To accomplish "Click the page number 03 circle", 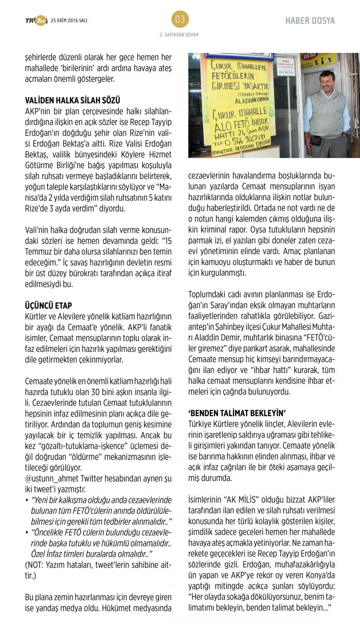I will tap(180, 20).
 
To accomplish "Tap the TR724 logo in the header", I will tap(36, 20).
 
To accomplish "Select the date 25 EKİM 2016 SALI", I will tap(69, 20).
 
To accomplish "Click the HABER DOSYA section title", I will tap(310, 21).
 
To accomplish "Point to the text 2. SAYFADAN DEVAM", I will tap(180, 34).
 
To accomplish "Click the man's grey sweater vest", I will tap(327, 117).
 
